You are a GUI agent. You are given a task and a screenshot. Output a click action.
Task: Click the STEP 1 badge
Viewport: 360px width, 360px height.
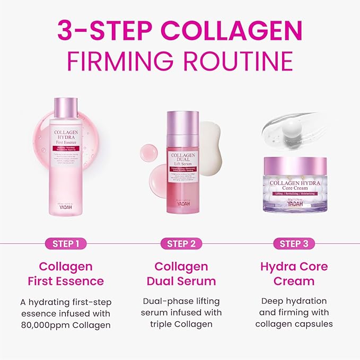pyautogui.click(x=66, y=244)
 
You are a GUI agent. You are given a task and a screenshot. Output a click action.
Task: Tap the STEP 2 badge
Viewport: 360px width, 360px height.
pyautogui.click(x=181, y=244)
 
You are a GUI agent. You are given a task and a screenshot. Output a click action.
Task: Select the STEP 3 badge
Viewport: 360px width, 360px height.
pyautogui.click(x=294, y=244)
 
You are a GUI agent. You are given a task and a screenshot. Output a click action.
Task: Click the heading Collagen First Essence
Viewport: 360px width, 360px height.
pyautogui.click(x=66, y=274)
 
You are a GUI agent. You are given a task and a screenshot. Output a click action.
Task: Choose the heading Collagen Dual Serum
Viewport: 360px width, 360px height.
pyautogui.click(x=181, y=274)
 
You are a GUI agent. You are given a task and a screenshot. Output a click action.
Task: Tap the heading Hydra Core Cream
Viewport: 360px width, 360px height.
pyautogui.click(x=294, y=274)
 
